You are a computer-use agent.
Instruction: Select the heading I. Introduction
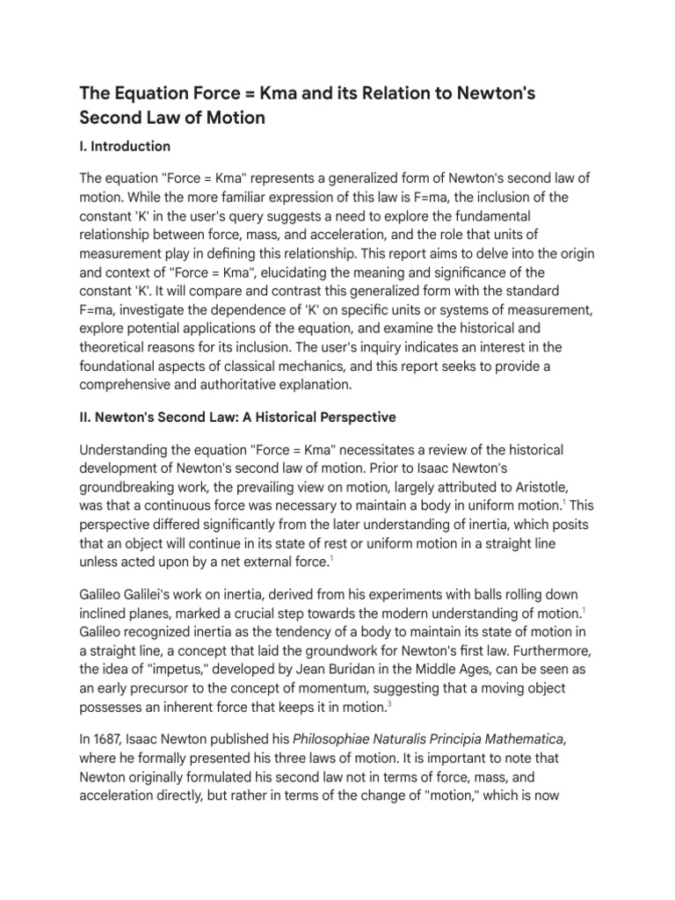coord(125,146)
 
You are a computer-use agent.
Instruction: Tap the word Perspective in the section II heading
coord(350,417)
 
